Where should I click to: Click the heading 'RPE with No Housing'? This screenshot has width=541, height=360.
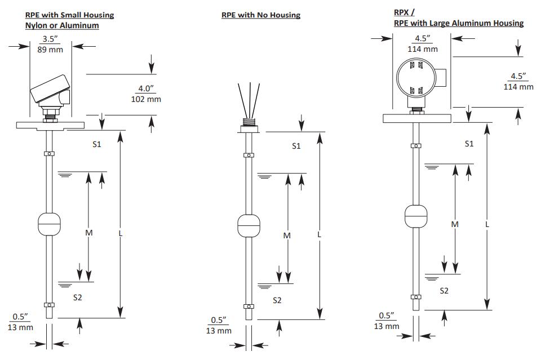tap(261, 15)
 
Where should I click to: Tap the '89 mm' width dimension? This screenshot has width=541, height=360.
tap(50, 50)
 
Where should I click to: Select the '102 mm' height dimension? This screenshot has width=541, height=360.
tap(146, 99)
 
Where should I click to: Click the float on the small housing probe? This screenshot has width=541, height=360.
tap(49, 224)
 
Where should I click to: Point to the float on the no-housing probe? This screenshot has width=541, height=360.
tap(249, 226)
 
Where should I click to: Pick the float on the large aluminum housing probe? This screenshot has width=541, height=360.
tap(416, 216)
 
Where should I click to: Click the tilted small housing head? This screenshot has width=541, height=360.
tap(51, 91)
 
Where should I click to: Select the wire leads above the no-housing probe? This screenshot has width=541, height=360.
tap(249, 100)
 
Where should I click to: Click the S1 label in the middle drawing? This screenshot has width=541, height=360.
tap(296, 146)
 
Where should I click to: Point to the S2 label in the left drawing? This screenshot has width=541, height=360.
tap(78, 297)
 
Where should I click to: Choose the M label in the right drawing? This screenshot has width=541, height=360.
tap(455, 224)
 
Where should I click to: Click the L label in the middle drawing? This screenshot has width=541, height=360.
tap(319, 234)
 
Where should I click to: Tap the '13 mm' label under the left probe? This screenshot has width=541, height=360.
tap(20, 327)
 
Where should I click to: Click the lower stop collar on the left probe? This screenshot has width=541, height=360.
tap(49, 305)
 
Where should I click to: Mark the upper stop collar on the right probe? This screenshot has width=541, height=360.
tap(416, 146)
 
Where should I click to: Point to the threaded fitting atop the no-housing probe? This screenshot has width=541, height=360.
tap(249, 126)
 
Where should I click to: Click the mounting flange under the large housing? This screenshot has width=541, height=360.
tap(417, 118)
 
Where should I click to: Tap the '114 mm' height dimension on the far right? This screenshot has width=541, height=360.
tap(518, 87)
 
